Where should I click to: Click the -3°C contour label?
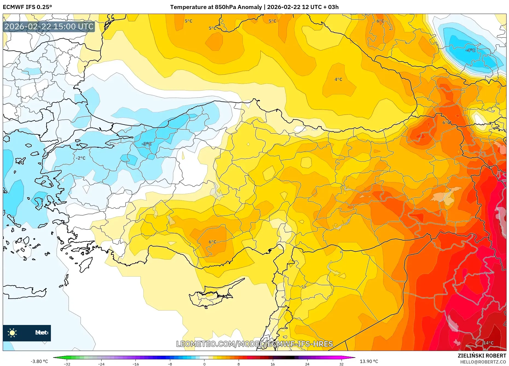click(147, 144)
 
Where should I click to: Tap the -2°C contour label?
click(81, 158)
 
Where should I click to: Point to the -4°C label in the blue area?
click(470, 50)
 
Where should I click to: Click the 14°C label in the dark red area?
click(488, 343)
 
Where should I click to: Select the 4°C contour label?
click(339, 79)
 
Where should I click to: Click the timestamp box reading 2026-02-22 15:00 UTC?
click(49, 27)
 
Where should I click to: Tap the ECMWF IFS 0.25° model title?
click(27, 7)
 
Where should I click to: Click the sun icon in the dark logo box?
click(12, 333)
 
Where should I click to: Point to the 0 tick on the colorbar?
click(204, 364)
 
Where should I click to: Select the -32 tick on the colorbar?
click(67, 364)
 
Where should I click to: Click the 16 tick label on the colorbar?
click(273, 364)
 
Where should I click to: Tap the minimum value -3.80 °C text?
click(39, 361)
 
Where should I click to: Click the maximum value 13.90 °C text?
click(369, 361)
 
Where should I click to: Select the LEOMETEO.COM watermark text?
click(255, 344)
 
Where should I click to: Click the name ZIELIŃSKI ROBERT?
click(482, 356)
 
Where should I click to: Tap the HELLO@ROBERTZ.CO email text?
click(483, 362)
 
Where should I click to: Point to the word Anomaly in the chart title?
click(250, 7)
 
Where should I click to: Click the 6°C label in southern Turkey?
click(213, 242)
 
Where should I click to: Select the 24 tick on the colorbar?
click(307, 364)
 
